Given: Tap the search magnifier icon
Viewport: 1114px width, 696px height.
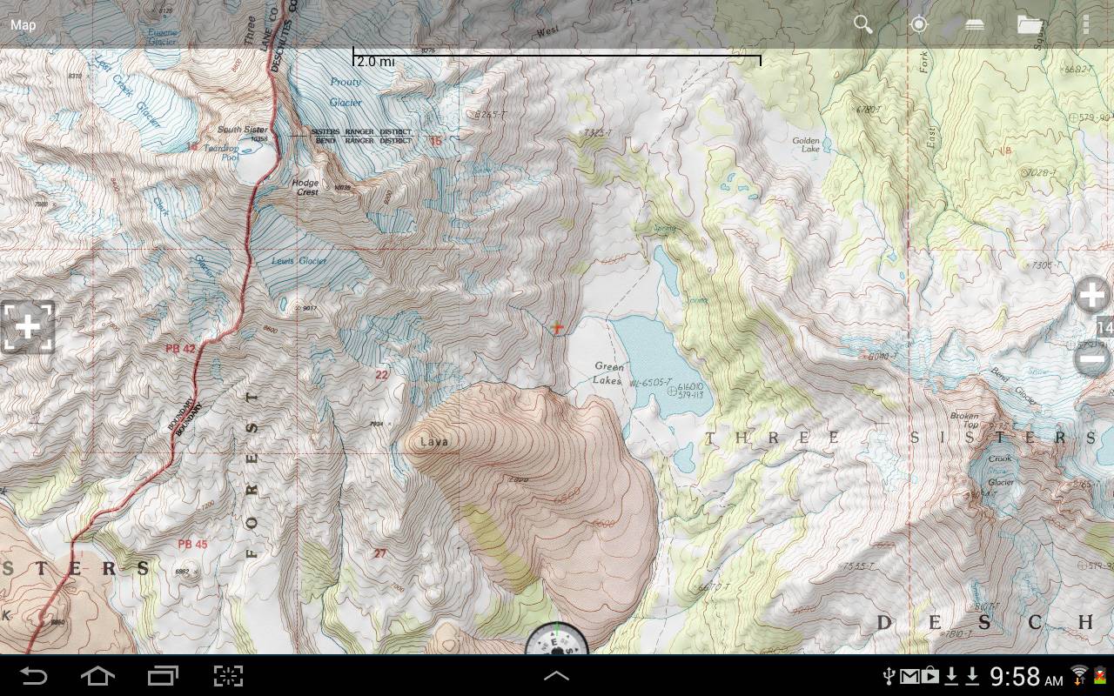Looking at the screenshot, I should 862,24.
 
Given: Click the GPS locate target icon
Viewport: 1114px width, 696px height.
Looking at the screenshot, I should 918,24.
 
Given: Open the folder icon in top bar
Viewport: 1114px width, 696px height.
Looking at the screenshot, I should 1030,24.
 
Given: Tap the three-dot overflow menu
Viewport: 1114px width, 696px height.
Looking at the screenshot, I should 1085,24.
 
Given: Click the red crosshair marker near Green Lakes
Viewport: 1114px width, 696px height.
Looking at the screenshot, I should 557,328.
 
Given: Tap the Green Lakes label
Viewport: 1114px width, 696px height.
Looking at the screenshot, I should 608,373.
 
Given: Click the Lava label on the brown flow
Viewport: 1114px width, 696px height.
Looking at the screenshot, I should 433,442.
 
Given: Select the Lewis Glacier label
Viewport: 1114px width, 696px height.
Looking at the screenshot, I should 299,261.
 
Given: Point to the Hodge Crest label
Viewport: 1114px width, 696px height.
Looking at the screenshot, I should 305,187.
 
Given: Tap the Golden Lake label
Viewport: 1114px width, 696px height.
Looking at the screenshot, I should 806,144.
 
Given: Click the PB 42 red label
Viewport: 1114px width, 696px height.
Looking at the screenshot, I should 181,349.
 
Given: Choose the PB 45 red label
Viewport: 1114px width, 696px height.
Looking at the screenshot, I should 192,545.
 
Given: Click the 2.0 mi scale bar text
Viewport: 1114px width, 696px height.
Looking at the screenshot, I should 375,62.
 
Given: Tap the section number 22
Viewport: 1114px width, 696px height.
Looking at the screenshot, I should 381,375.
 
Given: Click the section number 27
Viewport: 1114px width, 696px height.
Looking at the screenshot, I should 379,553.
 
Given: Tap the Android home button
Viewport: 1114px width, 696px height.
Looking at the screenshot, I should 97,676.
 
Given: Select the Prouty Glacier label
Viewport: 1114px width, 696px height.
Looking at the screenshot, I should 346,92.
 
